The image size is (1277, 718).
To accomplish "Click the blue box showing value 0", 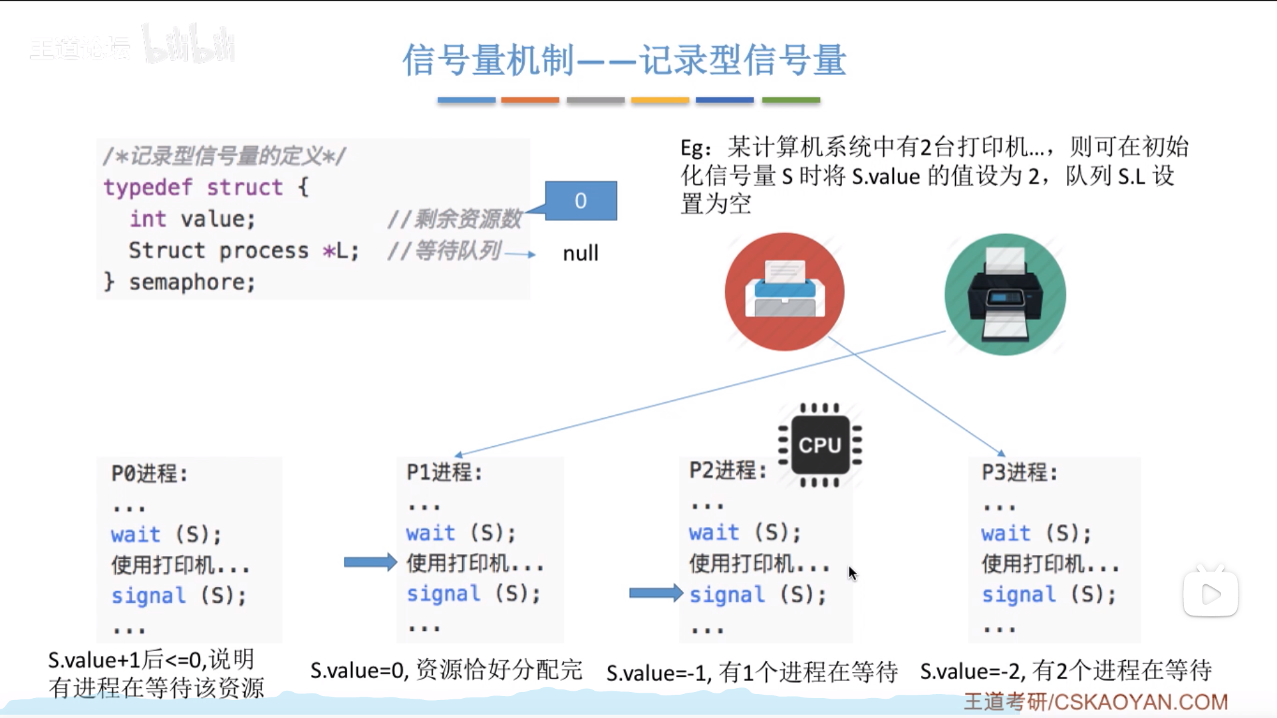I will coord(581,201).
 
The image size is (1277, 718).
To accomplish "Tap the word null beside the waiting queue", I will coord(580,253).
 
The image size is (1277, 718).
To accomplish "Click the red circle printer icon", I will coord(784,292).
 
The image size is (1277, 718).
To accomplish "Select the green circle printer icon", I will coord(1005,295).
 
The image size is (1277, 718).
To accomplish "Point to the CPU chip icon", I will coord(820,445).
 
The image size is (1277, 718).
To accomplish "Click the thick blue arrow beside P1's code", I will coord(370,562).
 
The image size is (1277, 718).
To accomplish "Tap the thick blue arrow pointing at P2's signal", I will coord(655,592).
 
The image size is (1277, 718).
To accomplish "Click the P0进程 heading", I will coord(150,473).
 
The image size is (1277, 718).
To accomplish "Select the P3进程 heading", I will coord(1020,472).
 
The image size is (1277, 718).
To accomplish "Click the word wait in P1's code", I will coord(431,533).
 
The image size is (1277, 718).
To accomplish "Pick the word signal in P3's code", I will coord(1018,594).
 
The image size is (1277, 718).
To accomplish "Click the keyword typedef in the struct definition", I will coord(148,187).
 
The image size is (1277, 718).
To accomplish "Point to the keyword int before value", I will coord(148,219).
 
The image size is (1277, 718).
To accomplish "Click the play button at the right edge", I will coord(1210,594).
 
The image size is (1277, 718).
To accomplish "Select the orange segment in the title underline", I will coord(530,100).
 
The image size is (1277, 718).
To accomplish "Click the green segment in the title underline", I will coord(791,100).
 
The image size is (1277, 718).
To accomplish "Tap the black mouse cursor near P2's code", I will coord(852,573).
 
